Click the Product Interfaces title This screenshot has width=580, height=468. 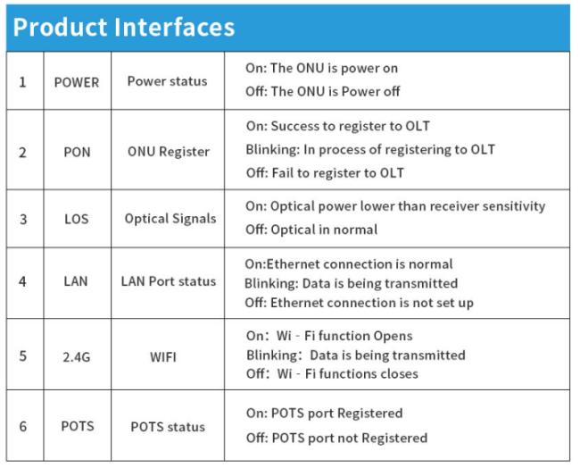click(x=124, y=27)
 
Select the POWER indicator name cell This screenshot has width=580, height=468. click(x=77, y=82)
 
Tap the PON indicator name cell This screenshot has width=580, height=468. click(x=77, y=152)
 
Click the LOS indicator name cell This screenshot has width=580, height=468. click(x=77, y=219)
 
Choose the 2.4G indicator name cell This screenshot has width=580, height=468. click(x=77, y=357)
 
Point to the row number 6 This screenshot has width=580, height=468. click(x=23, y=426)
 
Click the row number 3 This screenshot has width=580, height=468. click(x=23, y=219)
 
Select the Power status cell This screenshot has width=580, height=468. click(x=167, y=81)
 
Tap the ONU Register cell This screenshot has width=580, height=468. click(x=169, y=152)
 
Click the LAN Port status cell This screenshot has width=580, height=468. click(x=169, y=281)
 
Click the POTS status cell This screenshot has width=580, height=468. click(x=168, y=427)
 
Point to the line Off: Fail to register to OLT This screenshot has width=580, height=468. click(x=325, y=173)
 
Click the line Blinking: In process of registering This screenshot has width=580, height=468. click(x=370, y=149)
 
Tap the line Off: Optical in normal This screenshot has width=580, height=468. click(x=311, y=230)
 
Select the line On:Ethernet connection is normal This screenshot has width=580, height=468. click(x=349, y=264)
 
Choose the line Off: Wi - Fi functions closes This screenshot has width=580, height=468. click(x=332, y=373)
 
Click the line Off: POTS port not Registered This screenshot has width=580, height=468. click(x=336, y=438)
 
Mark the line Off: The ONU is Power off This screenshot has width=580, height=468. click(x=322, y=91)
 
